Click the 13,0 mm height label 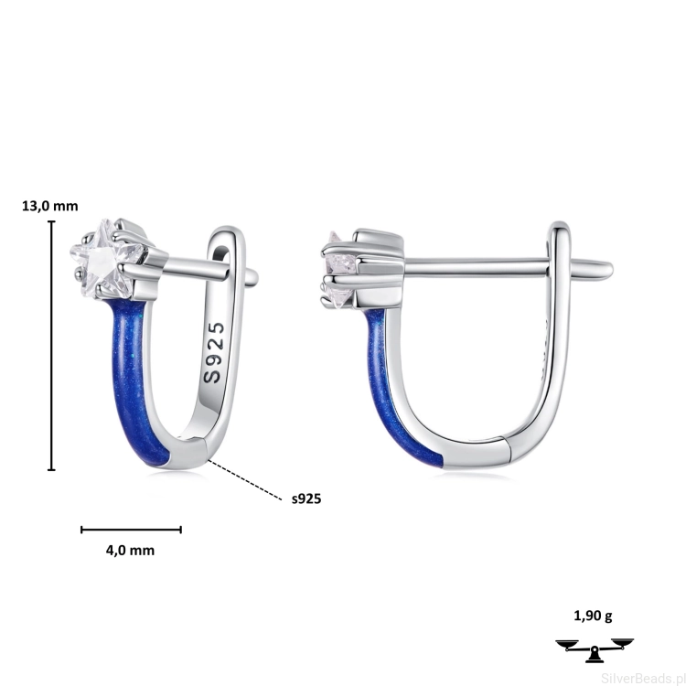50,206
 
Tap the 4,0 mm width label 131,550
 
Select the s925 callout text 306,498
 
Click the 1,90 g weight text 593,616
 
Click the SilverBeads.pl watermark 643,678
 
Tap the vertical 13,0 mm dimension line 52,346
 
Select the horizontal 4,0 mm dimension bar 131,530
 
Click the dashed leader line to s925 245,480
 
